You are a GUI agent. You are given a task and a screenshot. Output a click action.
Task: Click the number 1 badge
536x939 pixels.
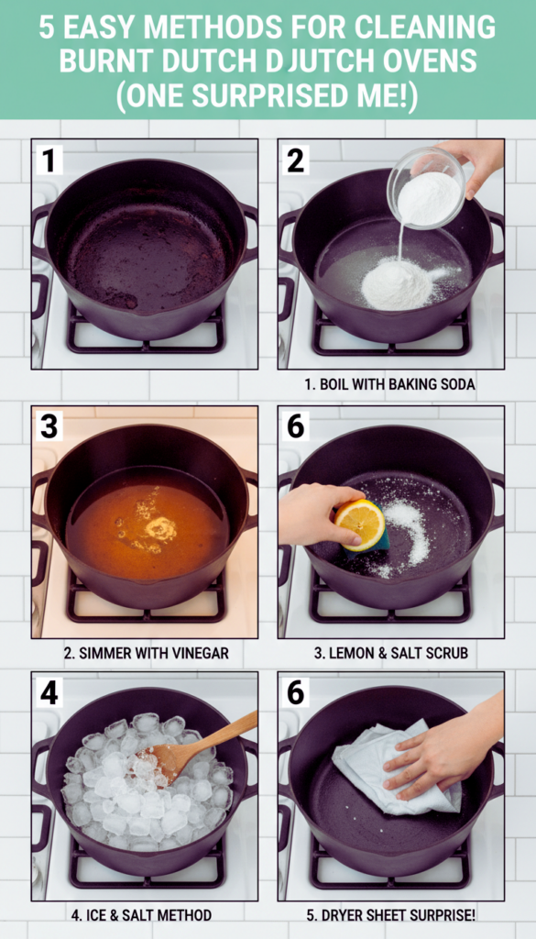pos(49,160)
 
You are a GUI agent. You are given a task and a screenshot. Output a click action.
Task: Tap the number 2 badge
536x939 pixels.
pos(296,160)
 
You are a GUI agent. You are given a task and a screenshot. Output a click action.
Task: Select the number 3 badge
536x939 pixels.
pos(49,426)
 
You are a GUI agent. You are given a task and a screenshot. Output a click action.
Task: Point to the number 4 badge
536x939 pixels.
pos(49,692)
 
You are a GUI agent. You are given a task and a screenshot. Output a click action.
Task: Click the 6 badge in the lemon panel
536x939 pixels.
pos(296,426)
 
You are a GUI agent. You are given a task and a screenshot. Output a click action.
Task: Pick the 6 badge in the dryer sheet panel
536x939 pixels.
pos(296,692)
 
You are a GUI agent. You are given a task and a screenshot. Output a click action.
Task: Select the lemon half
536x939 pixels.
pos(359,521)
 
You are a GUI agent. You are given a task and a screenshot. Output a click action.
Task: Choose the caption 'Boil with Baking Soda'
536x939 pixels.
pos(389,384)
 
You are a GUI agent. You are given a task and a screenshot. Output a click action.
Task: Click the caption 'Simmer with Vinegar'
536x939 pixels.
pos(146,652)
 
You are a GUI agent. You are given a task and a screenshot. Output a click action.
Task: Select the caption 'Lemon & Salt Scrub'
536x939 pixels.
pos(390,652)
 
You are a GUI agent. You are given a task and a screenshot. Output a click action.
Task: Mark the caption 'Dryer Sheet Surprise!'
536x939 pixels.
pos(390,915)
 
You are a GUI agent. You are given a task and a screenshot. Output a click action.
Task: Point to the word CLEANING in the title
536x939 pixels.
pos(425,28)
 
